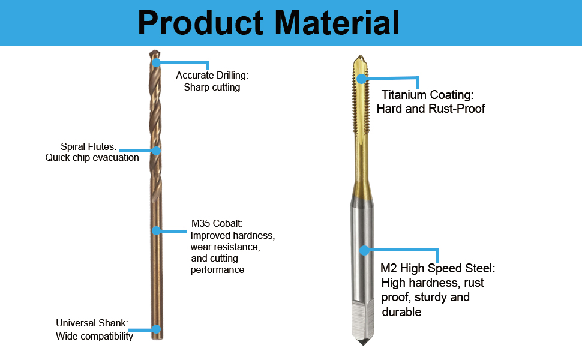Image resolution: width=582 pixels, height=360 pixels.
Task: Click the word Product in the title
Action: pos(201,23)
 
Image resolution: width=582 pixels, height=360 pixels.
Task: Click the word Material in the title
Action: pos(337,23)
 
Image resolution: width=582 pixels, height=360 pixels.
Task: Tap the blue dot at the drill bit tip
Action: pos(156,62)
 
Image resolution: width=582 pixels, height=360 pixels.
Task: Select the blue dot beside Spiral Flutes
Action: pos(156,151)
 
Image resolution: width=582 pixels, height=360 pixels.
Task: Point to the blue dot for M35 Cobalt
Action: pos(156,231)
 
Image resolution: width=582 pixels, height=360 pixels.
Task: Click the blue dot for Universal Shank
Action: pos(156,329)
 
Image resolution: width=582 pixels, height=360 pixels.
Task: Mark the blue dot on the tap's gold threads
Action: pos(361,79)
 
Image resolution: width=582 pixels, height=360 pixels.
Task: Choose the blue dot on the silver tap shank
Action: pos(364,250)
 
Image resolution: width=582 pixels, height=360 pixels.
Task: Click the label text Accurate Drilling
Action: pos(212,76)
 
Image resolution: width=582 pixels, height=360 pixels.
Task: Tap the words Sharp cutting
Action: pos(212,87)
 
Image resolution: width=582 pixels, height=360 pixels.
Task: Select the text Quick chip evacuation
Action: pos(92,158)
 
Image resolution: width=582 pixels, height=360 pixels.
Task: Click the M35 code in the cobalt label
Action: pos(200,223)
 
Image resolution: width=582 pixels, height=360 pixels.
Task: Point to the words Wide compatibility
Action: pos(94,336)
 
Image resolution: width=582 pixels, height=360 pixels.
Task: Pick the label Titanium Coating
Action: pos(428,95)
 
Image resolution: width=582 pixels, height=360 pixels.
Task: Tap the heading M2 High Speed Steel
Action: pos(438,268)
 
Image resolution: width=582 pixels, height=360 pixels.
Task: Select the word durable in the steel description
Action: pos(401,312)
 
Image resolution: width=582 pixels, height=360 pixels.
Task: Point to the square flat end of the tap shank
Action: pos(363,320)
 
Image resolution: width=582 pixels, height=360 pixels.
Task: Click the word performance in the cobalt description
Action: pos(218,270)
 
